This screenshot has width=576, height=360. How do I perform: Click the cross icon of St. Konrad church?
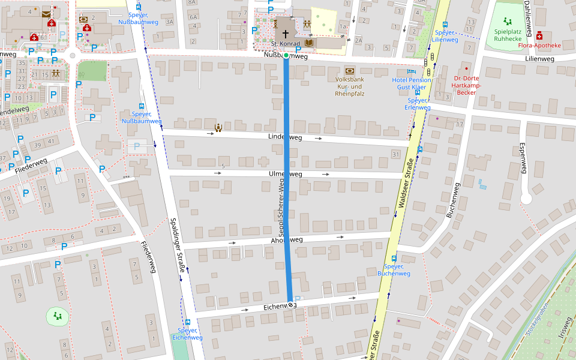coord(286,34)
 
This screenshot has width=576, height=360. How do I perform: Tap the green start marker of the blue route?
coord(286,56)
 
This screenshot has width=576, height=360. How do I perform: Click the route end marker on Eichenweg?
coord(291,305)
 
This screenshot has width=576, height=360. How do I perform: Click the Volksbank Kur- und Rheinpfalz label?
coord(350,86)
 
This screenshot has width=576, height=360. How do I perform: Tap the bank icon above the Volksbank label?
coord(350,70)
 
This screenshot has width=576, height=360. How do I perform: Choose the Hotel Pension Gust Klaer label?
coord(411,83)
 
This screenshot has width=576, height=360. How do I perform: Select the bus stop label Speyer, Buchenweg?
coord(394,269)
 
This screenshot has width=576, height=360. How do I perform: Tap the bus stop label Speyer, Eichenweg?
coord(187,334)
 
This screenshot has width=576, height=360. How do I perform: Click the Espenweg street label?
coord(521,158)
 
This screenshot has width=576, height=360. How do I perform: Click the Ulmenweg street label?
coord(286,174)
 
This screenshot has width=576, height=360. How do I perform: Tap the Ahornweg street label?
coord(286,240)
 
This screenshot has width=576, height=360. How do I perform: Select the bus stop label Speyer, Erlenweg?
coord(417,104)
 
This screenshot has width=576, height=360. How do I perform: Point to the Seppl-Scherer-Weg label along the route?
coord(281,207)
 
